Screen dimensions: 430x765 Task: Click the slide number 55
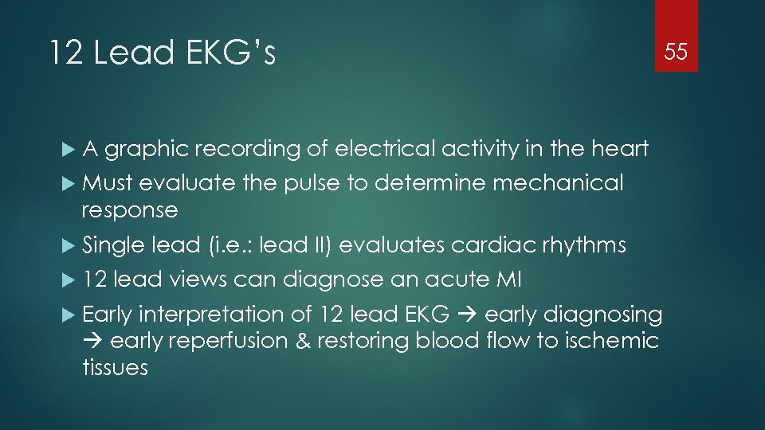point(676,53)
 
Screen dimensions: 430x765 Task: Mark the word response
point(130,210)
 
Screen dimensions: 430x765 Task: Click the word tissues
point(115,368)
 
